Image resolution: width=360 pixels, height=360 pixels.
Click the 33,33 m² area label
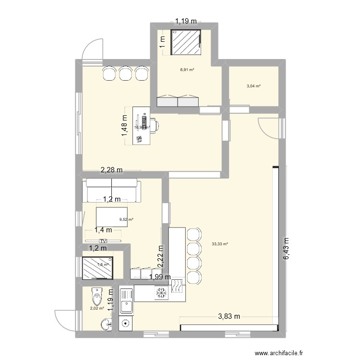[x=220, y=244]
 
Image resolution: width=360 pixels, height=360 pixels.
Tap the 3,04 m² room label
[x=253, y=86]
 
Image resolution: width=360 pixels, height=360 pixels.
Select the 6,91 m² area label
[x=187, y=70]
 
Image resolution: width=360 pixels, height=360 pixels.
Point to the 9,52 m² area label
[x=126, y=220]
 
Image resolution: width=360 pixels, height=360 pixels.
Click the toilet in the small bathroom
[x=97, y=296]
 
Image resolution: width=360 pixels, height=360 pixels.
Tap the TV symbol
[x=103, y=241]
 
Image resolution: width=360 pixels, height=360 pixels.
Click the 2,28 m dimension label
[x=111, y=169]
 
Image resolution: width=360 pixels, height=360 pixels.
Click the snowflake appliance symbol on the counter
[x=160, y=293]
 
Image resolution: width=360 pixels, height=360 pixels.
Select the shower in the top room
[x=185, y=42]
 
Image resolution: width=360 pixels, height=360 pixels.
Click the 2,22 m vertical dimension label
[x=161, y=256]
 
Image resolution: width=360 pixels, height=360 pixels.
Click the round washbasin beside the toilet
[x=106, y=325]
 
